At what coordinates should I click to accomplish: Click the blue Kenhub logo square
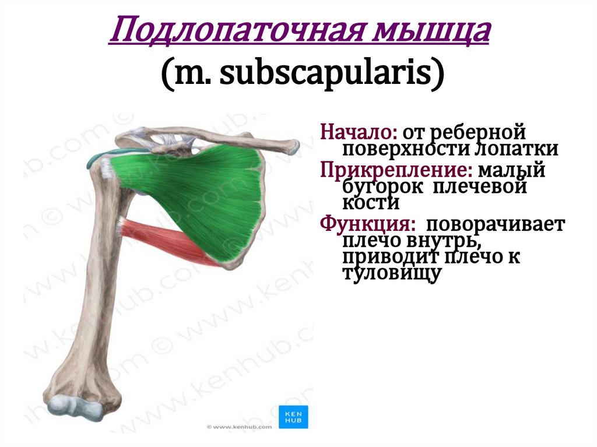tap(293, 415)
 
